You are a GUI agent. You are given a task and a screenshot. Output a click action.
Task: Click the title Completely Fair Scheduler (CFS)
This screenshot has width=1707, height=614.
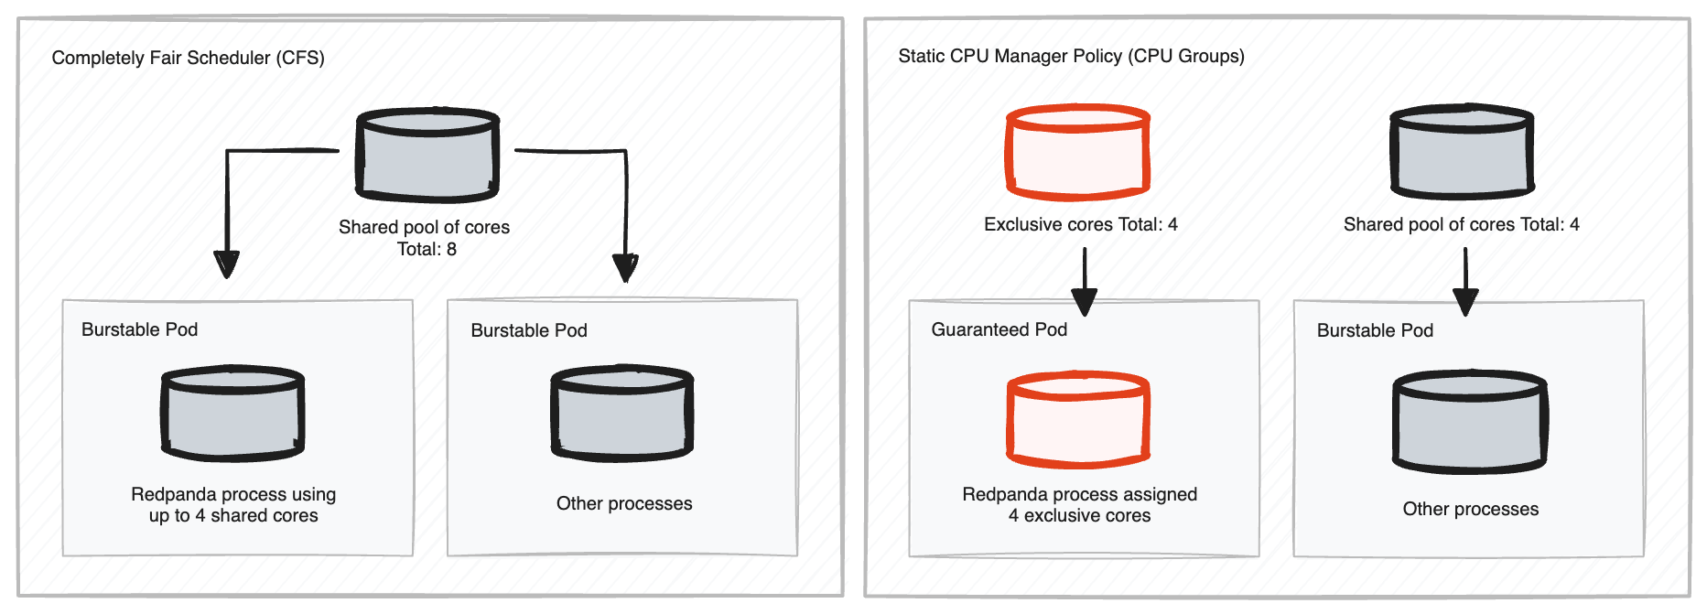tap(188, 58)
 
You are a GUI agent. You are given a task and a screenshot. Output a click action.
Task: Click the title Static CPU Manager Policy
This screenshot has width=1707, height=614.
tap(1070, 56)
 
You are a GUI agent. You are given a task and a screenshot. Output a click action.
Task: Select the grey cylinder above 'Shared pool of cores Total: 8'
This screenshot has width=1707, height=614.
tap(427, 156)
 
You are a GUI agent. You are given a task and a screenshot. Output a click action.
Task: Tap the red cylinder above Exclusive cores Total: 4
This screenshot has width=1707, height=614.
tap(1077, 153)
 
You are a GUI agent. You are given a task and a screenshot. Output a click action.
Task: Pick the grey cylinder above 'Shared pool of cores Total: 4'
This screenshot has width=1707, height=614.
tap(1462, 153)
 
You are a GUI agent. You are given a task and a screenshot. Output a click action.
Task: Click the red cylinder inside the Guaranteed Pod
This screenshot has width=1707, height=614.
tap(1078, 420)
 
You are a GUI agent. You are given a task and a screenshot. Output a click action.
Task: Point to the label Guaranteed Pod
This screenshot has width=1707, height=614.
tap(999, 329)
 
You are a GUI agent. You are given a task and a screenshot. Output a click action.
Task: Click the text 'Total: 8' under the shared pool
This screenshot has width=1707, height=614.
tap(427, 249)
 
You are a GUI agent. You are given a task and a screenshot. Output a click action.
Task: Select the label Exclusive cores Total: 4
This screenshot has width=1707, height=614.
tap(1080, 224)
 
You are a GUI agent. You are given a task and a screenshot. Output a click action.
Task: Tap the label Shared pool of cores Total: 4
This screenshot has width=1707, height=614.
tap(1461, 224)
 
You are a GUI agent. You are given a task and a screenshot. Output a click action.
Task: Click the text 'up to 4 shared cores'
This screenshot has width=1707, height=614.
tap(233, 515)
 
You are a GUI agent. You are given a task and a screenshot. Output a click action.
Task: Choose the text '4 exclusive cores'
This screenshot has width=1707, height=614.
tap(1079, 515)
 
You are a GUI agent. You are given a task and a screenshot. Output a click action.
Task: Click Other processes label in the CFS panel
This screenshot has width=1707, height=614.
tap(624, 503)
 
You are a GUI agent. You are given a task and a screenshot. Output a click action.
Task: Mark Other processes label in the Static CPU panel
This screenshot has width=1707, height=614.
tap(1470, 509)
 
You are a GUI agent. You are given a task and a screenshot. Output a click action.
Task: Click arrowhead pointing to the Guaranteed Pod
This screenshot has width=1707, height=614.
tap(1084, 301)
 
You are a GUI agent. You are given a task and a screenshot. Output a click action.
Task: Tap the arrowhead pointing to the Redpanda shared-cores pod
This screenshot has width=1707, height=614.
tap(226, 264)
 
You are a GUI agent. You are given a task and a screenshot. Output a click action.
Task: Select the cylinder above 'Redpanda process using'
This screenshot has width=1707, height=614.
tap(232, 414)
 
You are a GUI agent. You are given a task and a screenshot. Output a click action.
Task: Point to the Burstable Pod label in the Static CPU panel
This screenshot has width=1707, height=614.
tap(1375, 330)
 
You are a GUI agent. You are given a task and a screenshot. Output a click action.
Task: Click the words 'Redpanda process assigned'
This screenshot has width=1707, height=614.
tap(1079, 494)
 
